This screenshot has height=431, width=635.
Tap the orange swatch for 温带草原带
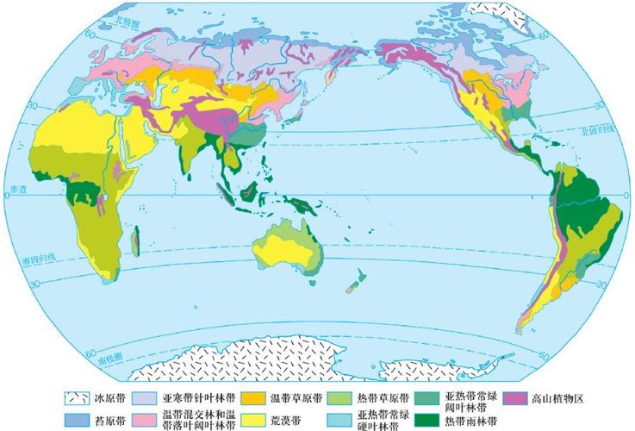pyautogui.click(x=252, y=398)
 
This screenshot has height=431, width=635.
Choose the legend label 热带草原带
pyautogui.click(x=376, y=398)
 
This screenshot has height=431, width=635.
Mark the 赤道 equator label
pyautogui.click(x=16, y=196)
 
